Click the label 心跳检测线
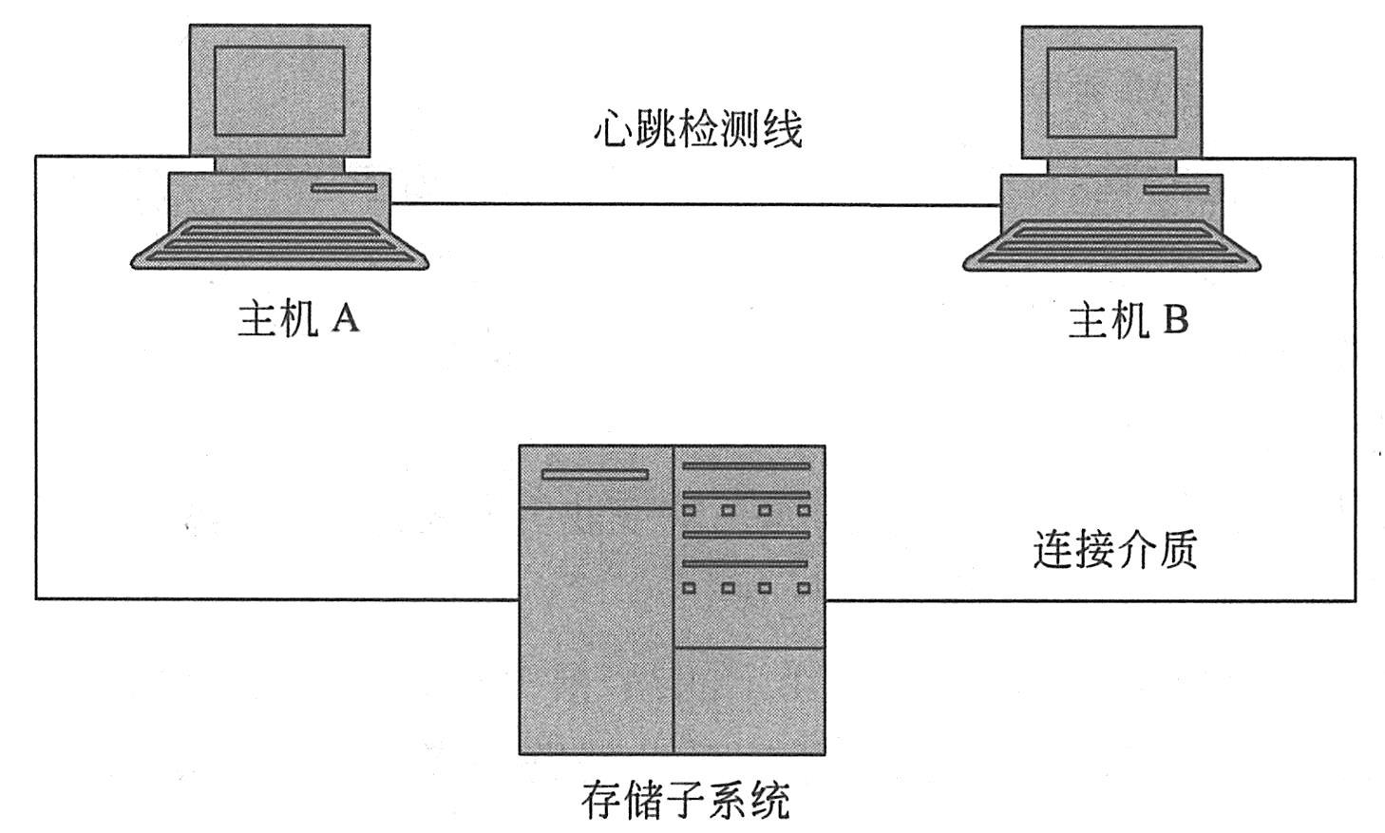click(697, 129)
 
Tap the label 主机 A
click(297, 319)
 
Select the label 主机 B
click(1128, 321)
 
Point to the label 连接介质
click(1114, 550)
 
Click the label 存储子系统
click(685, 800)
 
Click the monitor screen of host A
click(279, 91)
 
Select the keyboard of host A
click(279, 242)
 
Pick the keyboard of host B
click(1111, 244)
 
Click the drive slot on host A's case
click(344, 188)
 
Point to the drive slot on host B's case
click(1175, 190)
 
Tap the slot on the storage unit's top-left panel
click(595, 474)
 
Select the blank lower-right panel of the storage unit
click(749, 700)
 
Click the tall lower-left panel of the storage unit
click(596, 630)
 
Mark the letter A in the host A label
click(345, 319)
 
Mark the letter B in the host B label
click(1174, 321)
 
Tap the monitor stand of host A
click(279, 164)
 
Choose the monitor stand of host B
click(1111, 166)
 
